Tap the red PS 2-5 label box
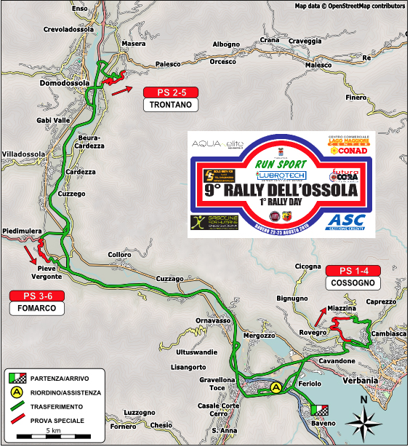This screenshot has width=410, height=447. (171, 92)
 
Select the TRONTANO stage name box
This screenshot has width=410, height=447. (171, 105)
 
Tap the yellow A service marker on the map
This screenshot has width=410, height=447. (276, 387)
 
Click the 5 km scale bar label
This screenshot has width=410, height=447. (53, 432)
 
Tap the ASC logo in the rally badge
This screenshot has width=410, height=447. (345, 220)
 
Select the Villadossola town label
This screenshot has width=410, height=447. (24, 154)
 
